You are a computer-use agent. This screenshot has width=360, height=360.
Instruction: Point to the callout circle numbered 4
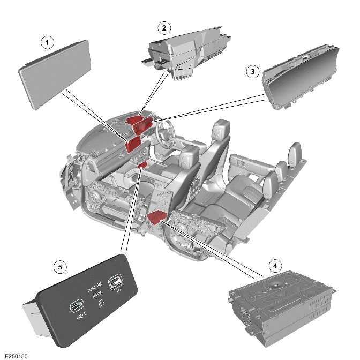[x=274, y=266]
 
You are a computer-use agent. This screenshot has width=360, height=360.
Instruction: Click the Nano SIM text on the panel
[x=94, y=287]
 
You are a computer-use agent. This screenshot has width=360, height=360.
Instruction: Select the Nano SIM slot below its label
[x=97, y=294]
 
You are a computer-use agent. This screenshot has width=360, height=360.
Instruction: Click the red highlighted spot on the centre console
[x=142, y=166]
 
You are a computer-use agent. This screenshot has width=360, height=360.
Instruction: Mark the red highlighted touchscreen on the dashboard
[x=133, y=143]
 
